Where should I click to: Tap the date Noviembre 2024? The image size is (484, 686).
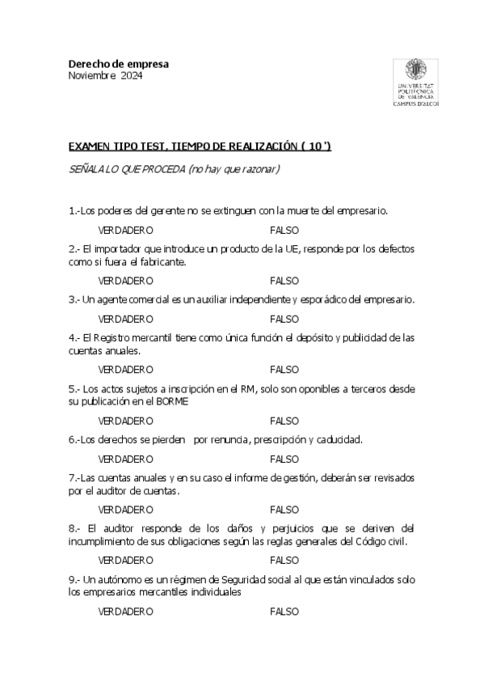pyautogui.click(x=104, y=76)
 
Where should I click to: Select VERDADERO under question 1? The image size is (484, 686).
pyautogui.click(x=125, y=231)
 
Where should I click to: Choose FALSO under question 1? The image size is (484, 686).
pyautogui.click(x=284, y=231)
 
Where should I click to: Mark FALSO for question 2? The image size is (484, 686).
pyautogui.click(x=284, y=281)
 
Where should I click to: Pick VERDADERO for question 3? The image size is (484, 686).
pyautogui.click(x=125, y=319)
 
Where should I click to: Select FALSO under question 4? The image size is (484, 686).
pyautogui.click(x=284, y=369)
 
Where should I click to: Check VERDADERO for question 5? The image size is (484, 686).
pyautogui.click(x=125, y=421)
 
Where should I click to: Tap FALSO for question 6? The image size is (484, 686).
pyautogui.click(x=284, y=459)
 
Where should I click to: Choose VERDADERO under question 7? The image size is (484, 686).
pyautogui.click(x=125, y=510)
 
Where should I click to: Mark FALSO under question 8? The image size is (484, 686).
pyautogui.click(x=284, y=560)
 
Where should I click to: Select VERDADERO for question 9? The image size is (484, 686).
pyautogui.click(x=125, y=612)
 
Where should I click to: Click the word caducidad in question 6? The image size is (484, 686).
pyautogui.click(x=339, y=440)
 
